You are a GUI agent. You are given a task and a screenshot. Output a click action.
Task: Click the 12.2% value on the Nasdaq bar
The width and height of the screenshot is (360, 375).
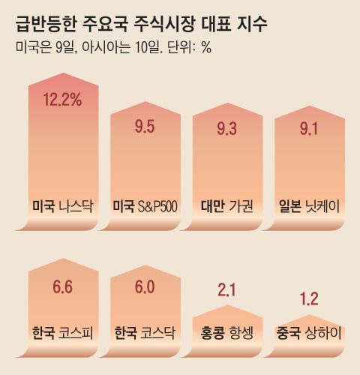(63, 100)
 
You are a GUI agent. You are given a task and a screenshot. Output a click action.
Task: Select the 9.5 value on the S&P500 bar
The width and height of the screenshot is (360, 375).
(145, 127)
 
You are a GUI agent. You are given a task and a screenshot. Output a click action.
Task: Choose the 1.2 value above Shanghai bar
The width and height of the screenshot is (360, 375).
(309, 299)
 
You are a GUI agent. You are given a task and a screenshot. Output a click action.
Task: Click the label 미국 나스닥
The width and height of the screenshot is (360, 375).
(63, 205)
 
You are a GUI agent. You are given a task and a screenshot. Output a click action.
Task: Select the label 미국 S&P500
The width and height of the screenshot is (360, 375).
(145, 205)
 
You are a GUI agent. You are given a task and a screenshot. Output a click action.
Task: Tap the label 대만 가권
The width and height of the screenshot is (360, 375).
(227, 205)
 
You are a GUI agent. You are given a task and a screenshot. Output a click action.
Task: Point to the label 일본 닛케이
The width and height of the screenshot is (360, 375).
(309, 205)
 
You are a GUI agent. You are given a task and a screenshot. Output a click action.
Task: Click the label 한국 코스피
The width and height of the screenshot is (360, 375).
(63, 331)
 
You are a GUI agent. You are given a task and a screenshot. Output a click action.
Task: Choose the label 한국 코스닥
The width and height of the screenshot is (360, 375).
(145, 331)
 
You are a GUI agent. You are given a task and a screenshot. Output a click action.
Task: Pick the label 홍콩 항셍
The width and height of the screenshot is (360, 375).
(227, 331)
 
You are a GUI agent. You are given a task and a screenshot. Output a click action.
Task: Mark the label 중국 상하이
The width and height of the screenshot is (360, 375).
(309, 331)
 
